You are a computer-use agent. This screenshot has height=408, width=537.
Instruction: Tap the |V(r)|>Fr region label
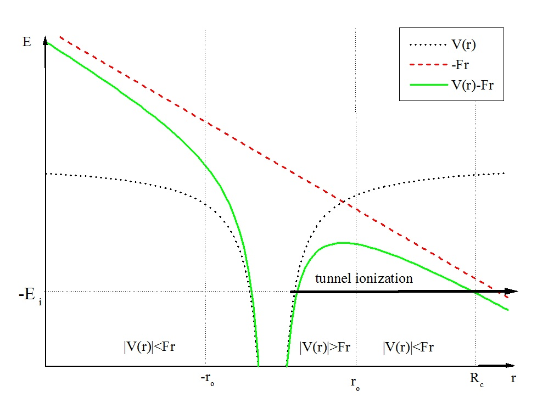[325, 347]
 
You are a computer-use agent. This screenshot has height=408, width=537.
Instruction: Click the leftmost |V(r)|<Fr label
[150, 347]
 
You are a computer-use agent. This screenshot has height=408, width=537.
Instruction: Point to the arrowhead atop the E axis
[46, 44]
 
